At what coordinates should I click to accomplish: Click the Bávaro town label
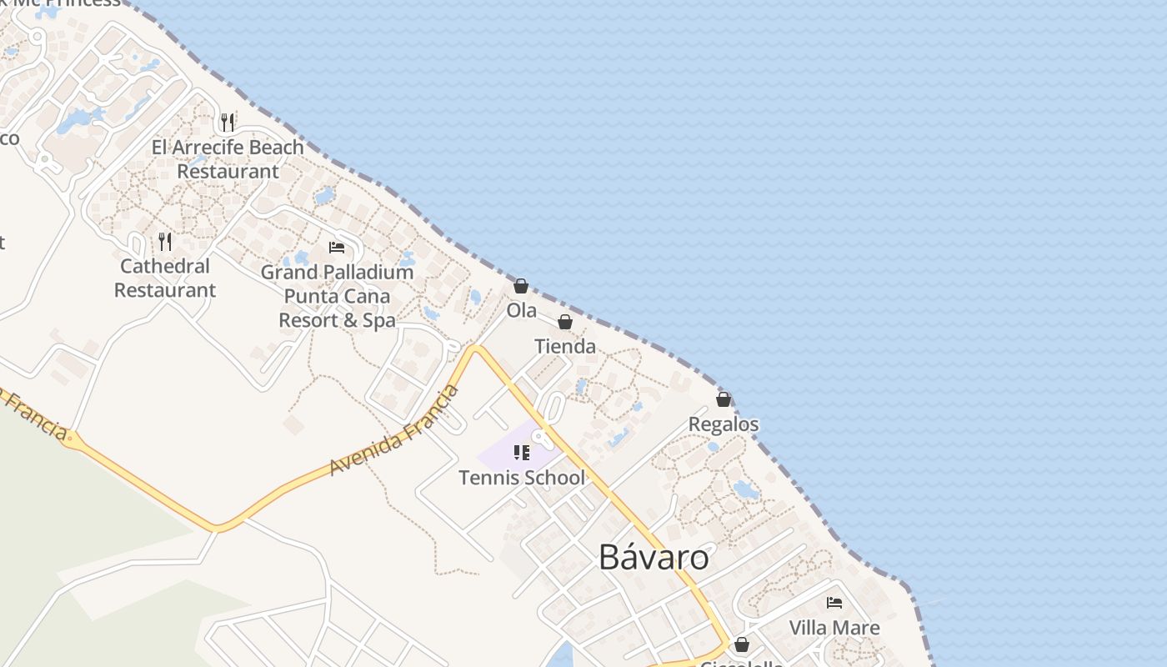click(654, 558)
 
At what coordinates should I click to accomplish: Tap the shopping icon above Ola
click(521, 287)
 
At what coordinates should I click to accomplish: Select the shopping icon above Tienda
click(565, 323)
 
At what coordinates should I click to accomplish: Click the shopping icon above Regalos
click(724, 400)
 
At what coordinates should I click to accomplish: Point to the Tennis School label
click(522, 478)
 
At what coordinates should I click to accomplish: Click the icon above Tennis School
click(522, 453)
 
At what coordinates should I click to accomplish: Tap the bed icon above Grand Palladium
click(337, 248)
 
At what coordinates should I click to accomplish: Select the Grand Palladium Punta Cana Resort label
click(337, 296)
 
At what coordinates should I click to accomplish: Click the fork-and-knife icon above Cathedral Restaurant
click(165, 242)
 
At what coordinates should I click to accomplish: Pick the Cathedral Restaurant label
click(165, 278)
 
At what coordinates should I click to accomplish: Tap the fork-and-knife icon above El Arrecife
click(228, 123)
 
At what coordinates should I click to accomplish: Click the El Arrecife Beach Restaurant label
click(228, 159)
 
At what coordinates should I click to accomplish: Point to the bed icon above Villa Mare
click(834, 603)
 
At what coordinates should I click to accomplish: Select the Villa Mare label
click(834, 628)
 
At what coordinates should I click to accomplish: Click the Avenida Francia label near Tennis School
click(394, 430)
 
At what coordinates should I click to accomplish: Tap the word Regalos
click(724, 424)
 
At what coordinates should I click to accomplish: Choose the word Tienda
click(565, 347)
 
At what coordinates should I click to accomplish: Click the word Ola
click(522, 311)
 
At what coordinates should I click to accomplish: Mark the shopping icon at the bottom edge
click(741, 644)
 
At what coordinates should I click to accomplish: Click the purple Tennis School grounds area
click(500, 454)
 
